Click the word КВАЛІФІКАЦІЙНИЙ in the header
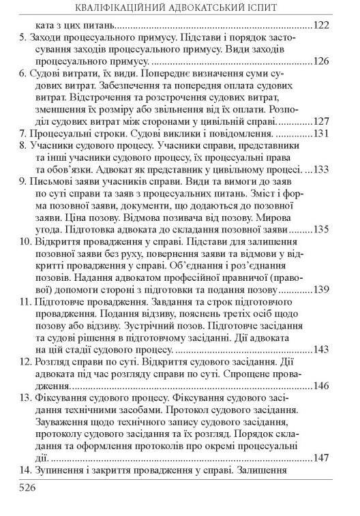tap(102, 8)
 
